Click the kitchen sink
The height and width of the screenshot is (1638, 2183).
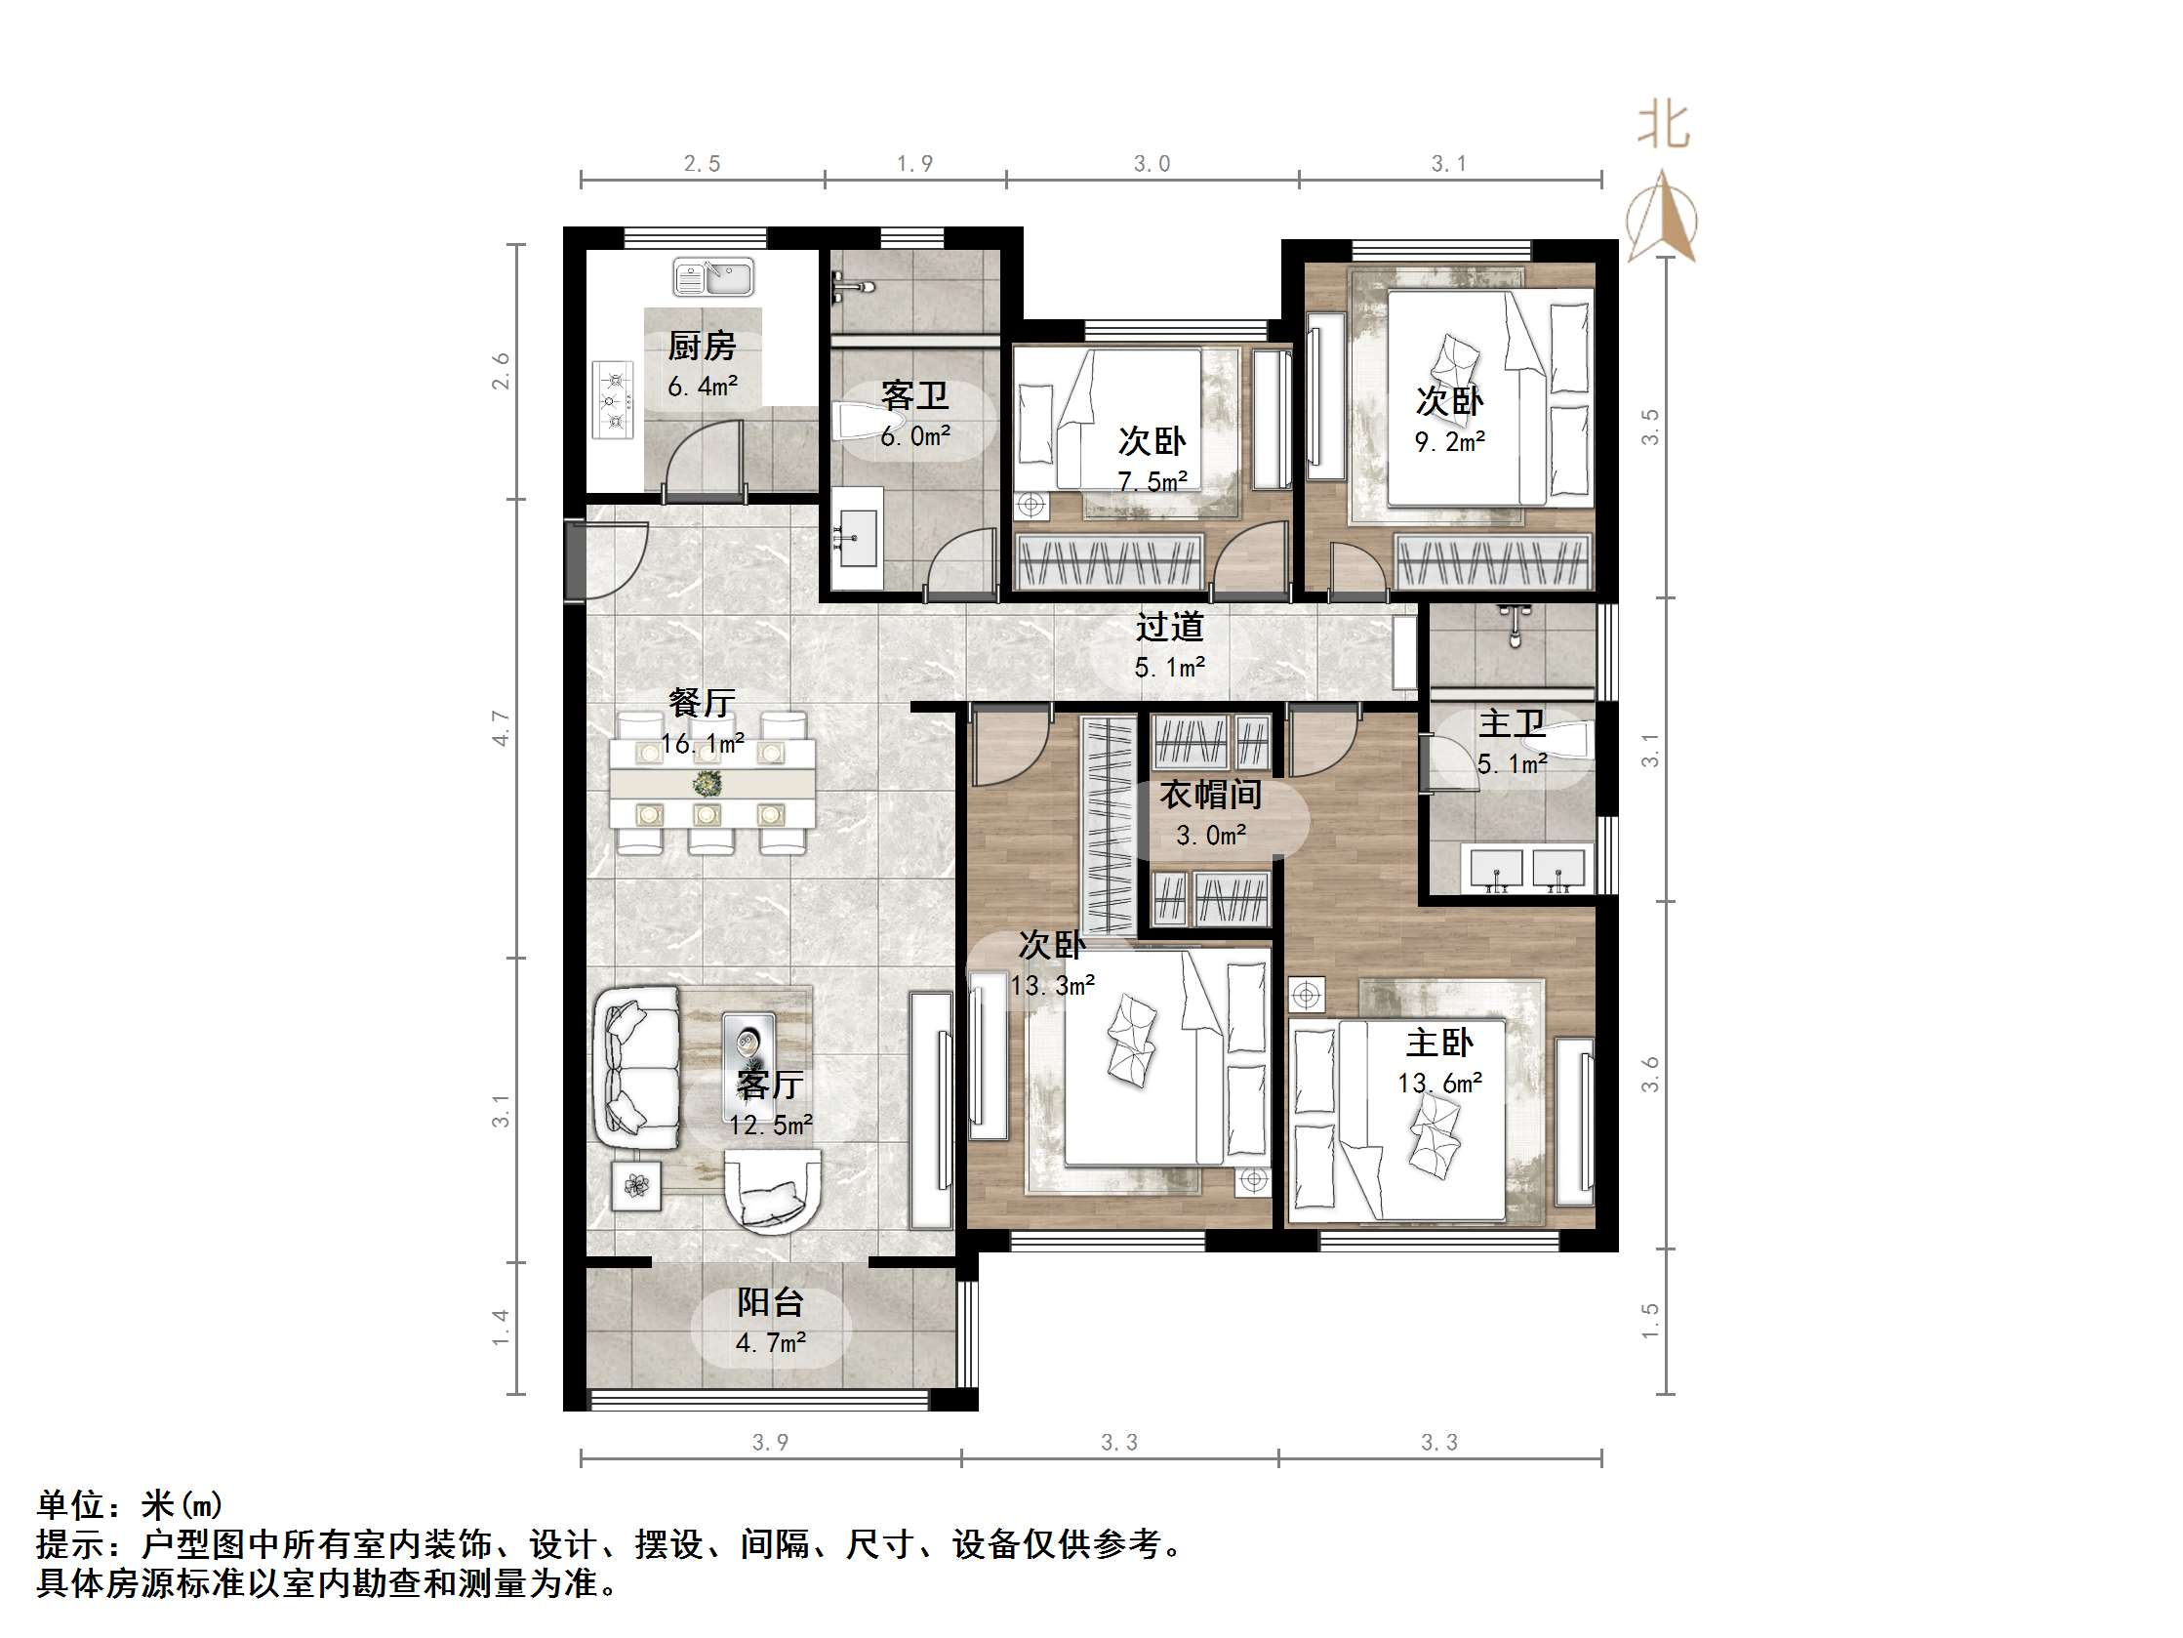(x=712, y=277)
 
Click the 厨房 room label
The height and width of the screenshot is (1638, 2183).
(x=702, y=346)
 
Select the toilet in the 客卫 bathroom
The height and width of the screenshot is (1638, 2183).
(x=855, y=422)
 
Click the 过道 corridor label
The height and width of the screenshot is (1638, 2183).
(x=1169, y=627)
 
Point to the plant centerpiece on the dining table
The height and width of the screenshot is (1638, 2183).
(x=707, y=784)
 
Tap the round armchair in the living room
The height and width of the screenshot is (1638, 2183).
(x=773, y=1194)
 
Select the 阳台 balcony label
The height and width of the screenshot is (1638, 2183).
(x=770, y=1302)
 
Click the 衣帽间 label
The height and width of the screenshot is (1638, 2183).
(x=1211, y=795)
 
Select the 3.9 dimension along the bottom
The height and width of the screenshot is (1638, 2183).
(x=770, y=1443)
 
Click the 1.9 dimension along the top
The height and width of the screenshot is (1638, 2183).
(x=913, y=164)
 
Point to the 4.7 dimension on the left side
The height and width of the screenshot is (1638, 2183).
(x=502, y=727)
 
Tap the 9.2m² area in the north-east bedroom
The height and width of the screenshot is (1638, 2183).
(x=1450, y=442)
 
